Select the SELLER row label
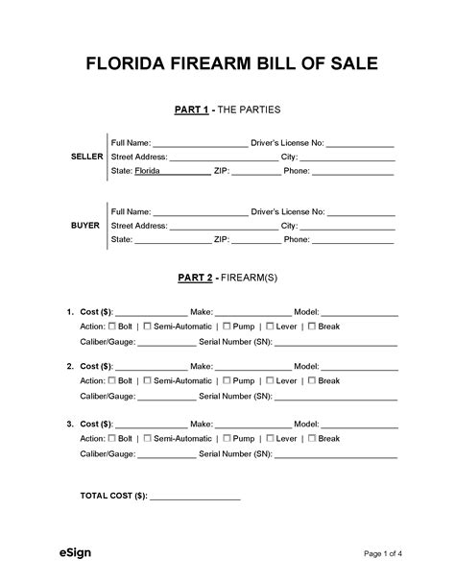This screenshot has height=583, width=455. [x=86, y=156]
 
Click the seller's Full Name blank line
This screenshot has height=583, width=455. [x=200, y=143]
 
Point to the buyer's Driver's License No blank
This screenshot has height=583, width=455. [x=362, y=212]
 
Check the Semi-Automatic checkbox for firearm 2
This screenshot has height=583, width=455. [x=147, y=381]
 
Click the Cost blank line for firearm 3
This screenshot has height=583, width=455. [x=152, y=425]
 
